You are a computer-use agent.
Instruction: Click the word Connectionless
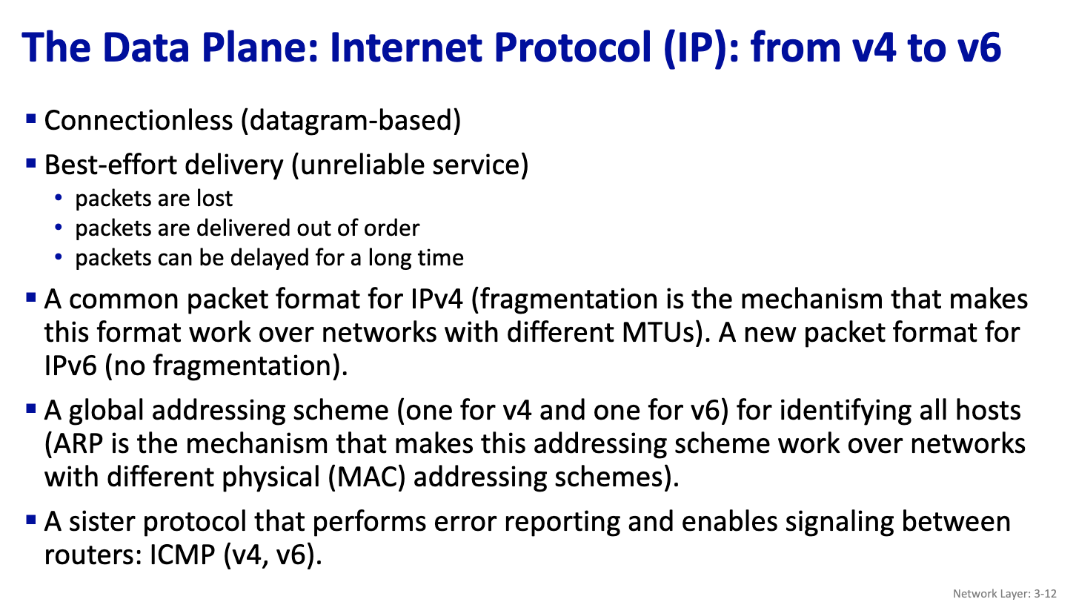139,120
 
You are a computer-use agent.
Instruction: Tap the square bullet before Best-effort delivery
31,163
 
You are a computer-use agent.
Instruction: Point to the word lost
214,199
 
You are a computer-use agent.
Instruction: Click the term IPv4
436,299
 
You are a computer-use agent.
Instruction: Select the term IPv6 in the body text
70,365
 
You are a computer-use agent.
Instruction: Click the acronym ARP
78,443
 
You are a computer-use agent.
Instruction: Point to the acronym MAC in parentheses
367,477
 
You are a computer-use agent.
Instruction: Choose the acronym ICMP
182,555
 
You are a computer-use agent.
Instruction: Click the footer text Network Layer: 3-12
1004,594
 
